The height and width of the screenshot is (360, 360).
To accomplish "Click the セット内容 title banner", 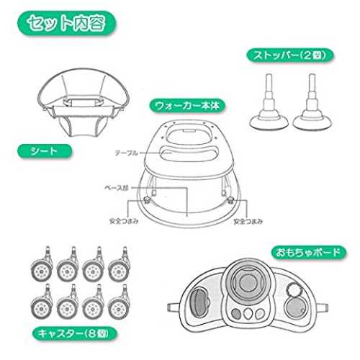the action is click(x=66, y=23).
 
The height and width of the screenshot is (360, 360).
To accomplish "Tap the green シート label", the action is click(x=45, y=151).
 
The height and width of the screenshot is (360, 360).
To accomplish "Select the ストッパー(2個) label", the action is click(x=290, y=55).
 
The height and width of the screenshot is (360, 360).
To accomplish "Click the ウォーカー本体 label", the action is click(x=187, y=106).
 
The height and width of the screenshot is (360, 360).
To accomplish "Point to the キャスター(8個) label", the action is click(x=75, y=333).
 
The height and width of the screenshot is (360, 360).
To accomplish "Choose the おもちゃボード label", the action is click(x=309, y=252).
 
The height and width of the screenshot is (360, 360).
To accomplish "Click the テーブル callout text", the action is click(x=127, y=153).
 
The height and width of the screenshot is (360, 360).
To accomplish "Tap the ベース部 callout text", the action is click(x=117, y=188).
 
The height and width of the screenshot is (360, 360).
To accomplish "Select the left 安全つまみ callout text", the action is click(x=124, y=221).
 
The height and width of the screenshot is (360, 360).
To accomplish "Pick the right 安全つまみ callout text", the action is click(x=248, y=221).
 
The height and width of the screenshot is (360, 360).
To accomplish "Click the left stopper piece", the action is click(x=269, y=102).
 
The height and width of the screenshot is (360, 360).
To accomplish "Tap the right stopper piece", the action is click(x=312, y=102).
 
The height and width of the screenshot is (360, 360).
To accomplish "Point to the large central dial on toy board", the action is click(x=248, y=282).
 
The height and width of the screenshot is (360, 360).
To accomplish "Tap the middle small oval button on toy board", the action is click(x=248, y=314).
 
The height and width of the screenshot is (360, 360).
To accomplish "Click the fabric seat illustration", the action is click(x=83, y=102).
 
